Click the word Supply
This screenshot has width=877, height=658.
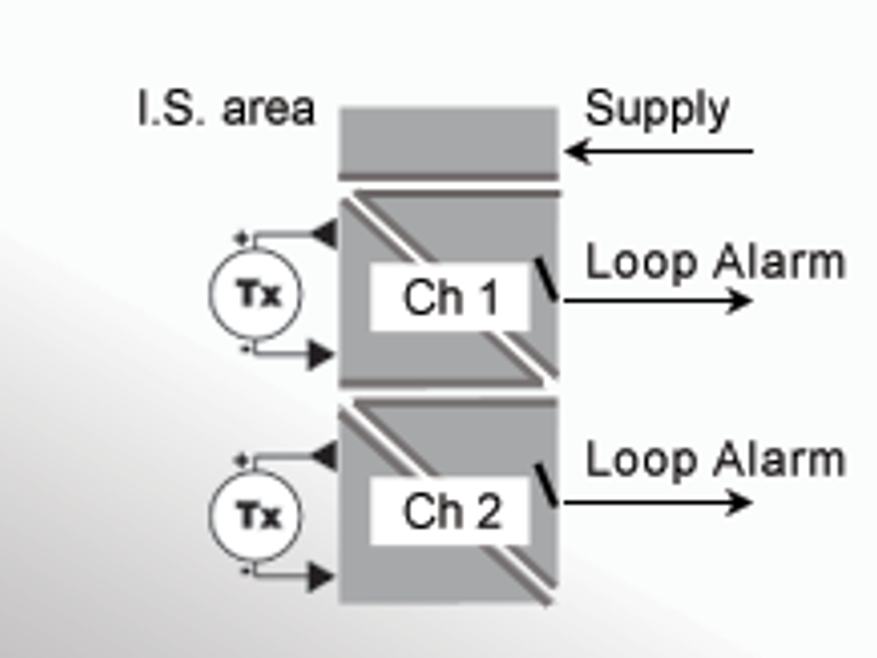(x=657, y=110)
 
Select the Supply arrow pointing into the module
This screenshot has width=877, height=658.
(x=658, y=151)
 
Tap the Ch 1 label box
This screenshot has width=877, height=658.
(x=450, y=297)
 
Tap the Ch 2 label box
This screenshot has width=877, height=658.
(x=450, y=511)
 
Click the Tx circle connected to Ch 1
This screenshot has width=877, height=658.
(x=256, y=294)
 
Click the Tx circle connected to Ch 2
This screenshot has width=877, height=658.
(x=256, y=515)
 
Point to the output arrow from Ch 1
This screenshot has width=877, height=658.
(x=658, y=301)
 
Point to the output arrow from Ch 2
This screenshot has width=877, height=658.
(x=658, y=503)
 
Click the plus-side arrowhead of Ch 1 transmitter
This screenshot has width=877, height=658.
(x=325, y=234)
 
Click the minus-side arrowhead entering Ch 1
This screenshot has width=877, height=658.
(x=321, y=355)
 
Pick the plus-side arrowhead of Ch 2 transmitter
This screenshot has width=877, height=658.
(x=325, y=456)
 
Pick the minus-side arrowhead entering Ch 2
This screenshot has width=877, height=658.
(x=321, y=578)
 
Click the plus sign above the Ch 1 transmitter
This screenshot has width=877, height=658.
(x=242, y=238)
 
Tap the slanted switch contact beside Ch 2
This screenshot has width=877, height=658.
(x=546, y=485)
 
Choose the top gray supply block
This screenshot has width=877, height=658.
(x=448, y=142)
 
